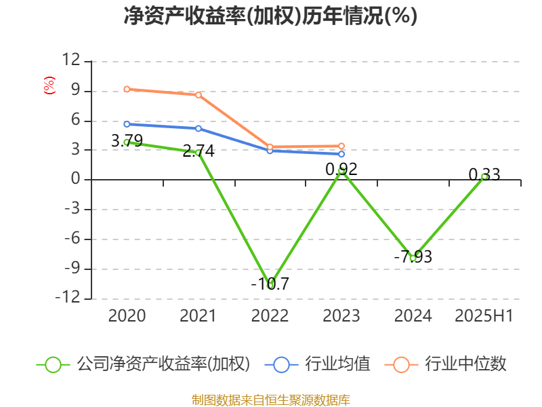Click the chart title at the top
pos(270,16)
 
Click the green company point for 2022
pos(270,285)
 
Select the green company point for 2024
pos(413,258)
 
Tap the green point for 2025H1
pos(484,176)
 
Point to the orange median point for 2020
pos(127,89)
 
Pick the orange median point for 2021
pos(199,95)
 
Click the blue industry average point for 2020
pos(127,124)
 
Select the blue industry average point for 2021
pos(199,128)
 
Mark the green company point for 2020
pos(127,142)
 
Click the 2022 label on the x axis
pos(270,316)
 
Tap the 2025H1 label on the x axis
pos(484,316)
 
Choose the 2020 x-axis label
pos(127,316)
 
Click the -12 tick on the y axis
pos(67,298)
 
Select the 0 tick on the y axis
pos(76,180)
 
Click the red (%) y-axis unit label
pos(49,85)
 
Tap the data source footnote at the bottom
pos(270,400)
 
